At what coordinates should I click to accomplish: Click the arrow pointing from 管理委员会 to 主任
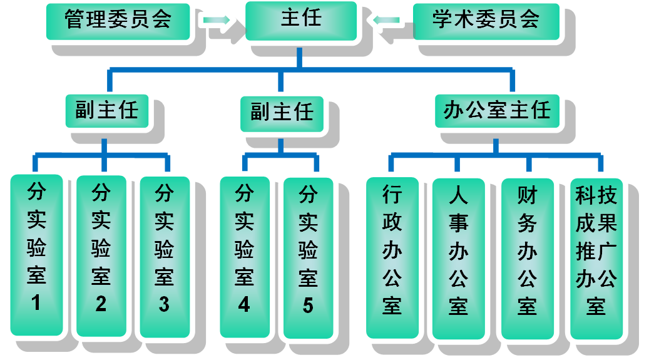217,21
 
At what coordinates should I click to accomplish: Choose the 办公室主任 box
497,111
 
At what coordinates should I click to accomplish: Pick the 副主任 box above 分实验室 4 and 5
282,113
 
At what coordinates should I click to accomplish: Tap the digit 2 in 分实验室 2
101,304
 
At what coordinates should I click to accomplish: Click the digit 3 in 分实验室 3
164,304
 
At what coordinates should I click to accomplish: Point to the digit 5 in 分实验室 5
308,305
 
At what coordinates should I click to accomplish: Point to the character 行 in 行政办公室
392,196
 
